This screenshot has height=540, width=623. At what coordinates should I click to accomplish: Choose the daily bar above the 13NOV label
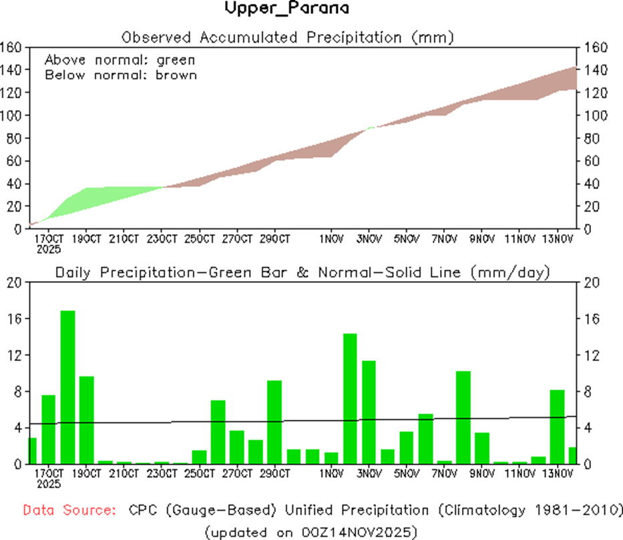557,427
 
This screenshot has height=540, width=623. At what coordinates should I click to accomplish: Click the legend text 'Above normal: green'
120,60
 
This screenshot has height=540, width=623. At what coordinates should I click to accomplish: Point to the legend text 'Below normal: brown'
121,75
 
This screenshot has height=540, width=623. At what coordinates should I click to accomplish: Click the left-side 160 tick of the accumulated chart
12,47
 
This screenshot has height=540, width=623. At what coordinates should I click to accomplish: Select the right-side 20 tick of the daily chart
591,283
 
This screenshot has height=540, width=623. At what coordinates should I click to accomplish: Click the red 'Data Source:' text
67,510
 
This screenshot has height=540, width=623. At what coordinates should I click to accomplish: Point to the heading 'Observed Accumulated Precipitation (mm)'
288,37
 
